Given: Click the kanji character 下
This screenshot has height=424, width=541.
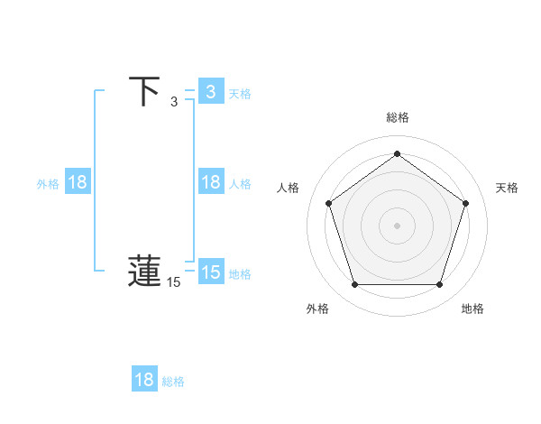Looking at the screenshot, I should click(145, 92).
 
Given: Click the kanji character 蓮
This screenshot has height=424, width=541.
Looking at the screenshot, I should click(145, 272).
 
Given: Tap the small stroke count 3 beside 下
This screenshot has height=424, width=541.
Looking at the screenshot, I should click(174, 102).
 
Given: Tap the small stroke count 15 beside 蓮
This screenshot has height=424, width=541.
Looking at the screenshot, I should click(174, 282).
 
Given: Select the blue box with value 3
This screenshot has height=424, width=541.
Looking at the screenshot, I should click(210, 92).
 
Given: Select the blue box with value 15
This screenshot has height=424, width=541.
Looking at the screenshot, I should click(210, 272).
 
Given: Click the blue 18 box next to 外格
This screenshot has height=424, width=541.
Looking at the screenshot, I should click(78, 182).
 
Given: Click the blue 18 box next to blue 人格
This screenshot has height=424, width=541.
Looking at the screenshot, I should click(210, 182).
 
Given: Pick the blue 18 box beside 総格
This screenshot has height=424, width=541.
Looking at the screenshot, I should click(144, 380).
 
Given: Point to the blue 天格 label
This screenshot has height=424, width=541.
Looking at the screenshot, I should click(240, 93).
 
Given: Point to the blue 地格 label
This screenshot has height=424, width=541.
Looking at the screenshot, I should click(240, 273).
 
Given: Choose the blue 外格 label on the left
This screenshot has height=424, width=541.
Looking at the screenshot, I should click(48, 183).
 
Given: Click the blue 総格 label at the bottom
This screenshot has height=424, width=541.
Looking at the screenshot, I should click(173, 382).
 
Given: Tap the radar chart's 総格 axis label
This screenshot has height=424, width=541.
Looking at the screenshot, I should click(398, 117).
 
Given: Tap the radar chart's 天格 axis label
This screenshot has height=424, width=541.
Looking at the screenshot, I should click(507, 188).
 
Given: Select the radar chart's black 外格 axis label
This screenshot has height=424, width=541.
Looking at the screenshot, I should click(317, 309).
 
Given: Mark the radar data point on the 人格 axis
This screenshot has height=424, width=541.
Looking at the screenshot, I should click(328, 203).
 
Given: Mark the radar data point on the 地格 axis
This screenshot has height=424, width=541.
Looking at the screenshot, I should click(439, 285).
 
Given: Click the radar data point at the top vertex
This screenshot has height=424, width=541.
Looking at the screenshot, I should click(397, 153).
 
